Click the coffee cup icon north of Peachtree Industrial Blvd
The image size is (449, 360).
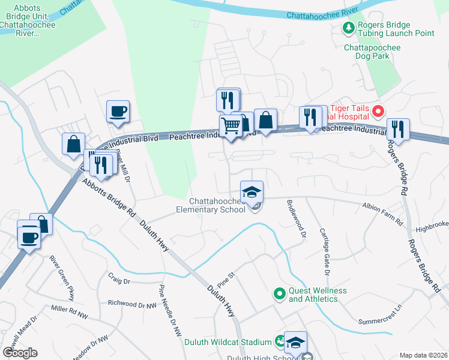coord(118,111)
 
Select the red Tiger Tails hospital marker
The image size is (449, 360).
coord(378,111)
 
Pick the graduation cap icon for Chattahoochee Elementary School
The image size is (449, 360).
coord(252,192)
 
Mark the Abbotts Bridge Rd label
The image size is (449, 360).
coord(109,197)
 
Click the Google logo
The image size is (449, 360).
coord(20,353)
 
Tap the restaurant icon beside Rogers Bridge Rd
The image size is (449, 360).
coord(397,128)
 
